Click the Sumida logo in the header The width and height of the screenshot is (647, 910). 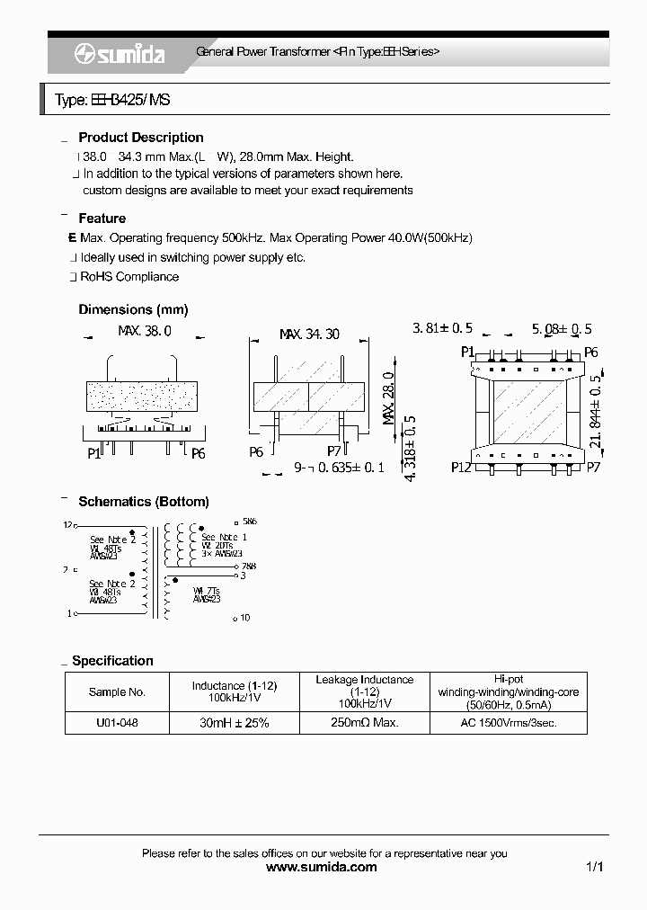coord(119,54)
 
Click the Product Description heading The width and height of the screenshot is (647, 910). coord(141,138)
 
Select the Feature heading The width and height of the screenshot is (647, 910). coord(102,219)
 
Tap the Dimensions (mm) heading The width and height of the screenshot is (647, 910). coord(133,309)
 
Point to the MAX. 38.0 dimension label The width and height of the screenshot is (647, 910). coord(145,332)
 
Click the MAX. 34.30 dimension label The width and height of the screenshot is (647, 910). coord(309,334)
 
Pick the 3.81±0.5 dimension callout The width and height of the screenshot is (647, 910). coord(442,329)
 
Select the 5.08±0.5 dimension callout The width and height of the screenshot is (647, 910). coord(562,329)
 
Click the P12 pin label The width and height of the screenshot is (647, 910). coord(461,468)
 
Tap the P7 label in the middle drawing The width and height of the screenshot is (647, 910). coord(334,451)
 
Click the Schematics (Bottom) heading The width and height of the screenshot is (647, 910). coord(144,502)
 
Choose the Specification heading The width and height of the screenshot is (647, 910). coord(112,661)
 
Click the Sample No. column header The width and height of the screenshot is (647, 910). coord(117,692)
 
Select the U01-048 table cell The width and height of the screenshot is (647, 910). coord(117,723)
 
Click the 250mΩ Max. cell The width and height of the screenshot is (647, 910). coord(365,723)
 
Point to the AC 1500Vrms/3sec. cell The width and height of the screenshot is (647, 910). coord(509,723)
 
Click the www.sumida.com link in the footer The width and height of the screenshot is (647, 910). coord(323,868)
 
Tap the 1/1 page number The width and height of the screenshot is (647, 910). coord(594,868)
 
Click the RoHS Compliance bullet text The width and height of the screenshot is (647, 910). coord(129,277)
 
